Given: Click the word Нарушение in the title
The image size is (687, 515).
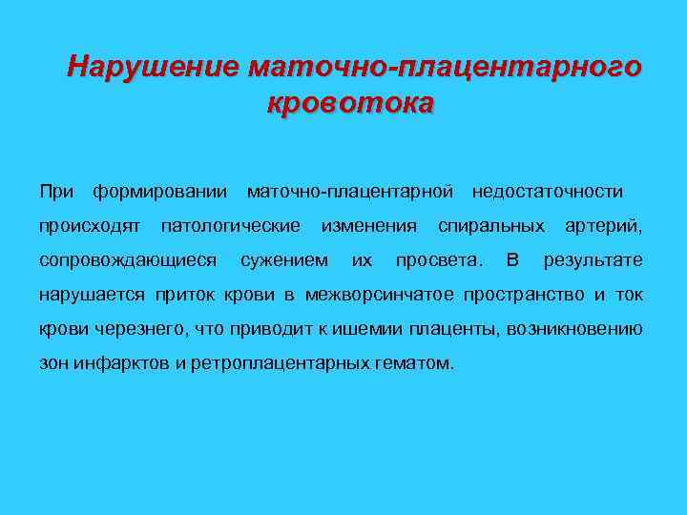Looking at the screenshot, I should [x=154, y=68].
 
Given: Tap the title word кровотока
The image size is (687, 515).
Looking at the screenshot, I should [x=350, y=102].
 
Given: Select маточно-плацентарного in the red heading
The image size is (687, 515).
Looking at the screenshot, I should [x=444, y=68].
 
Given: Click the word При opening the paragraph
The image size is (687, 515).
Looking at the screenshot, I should [x=56, y=192].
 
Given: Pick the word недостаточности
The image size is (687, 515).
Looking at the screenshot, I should [x=547, y=192].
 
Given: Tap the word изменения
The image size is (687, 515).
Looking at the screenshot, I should [x=369, y=226].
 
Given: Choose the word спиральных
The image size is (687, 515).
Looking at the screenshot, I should [x=491, y=226].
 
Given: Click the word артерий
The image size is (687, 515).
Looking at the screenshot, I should [x=603, y=226].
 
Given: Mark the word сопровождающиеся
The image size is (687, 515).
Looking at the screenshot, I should [x=127, y=260].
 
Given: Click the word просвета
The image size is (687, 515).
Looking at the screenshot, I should [x=438, y=260].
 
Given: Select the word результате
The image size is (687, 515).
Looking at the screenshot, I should [x=593, y=260].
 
